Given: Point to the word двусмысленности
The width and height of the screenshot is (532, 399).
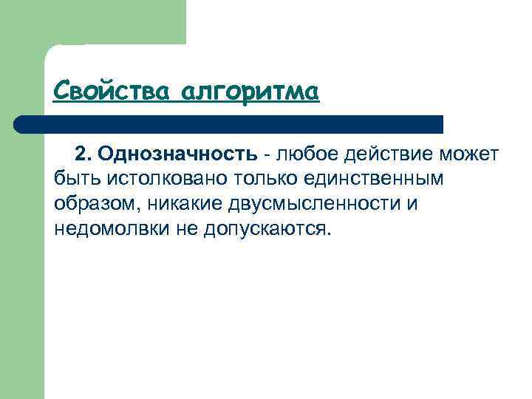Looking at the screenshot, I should [310, 203].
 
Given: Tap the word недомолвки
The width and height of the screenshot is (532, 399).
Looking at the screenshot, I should [112, 228].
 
